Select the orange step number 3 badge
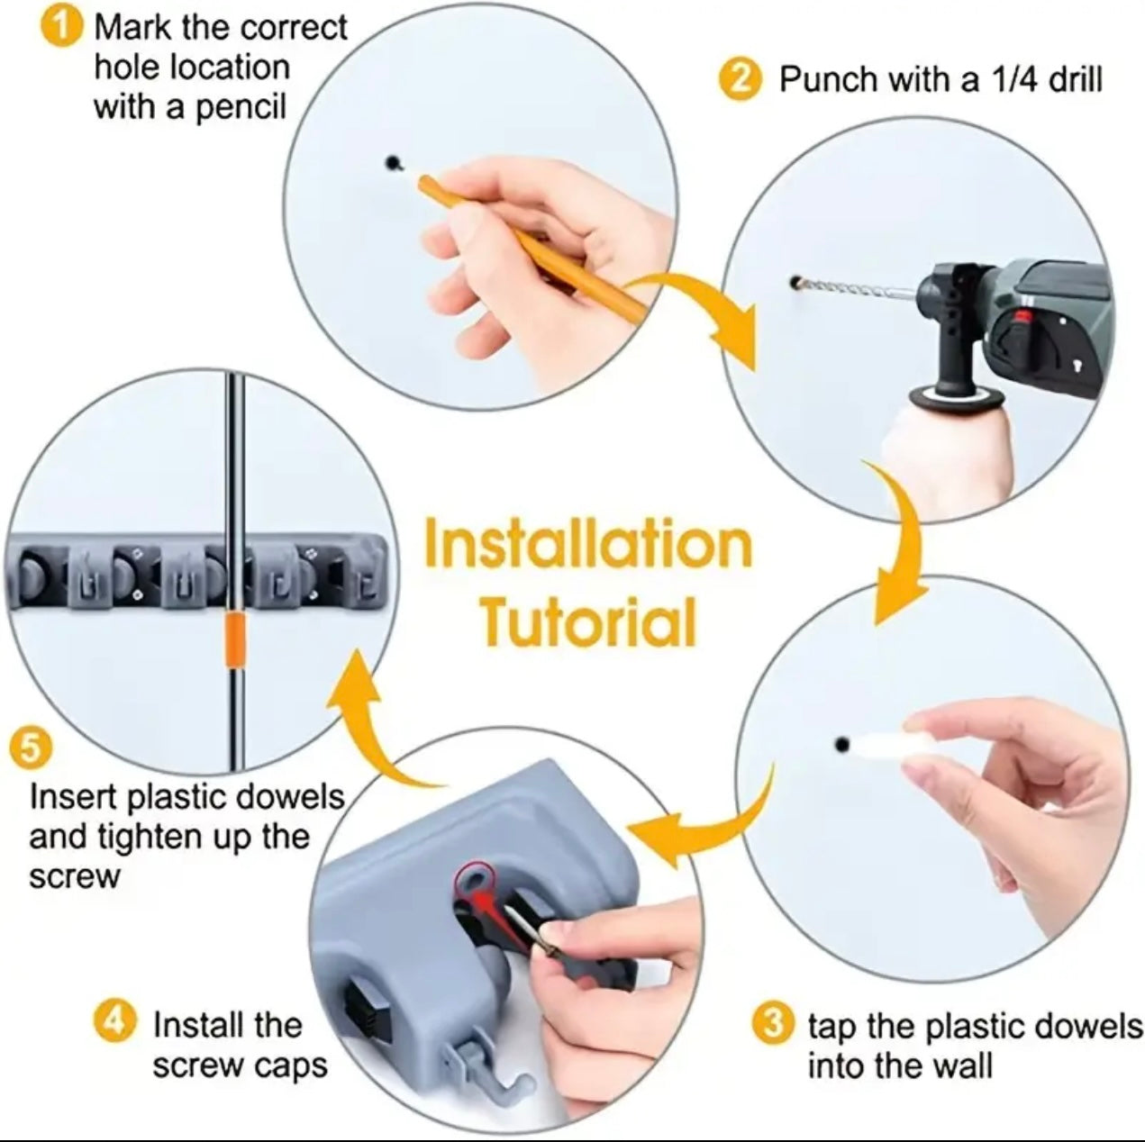click(x=772, y=1025)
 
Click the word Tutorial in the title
click(x=587, y=621)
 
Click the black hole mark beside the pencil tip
click(x=393, y=163)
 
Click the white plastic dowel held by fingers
click(x=883, y=746)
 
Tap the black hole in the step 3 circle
click(x=842, y=745)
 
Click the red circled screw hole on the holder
click(x=475, y=880)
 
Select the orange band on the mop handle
click(x=234, y=640)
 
